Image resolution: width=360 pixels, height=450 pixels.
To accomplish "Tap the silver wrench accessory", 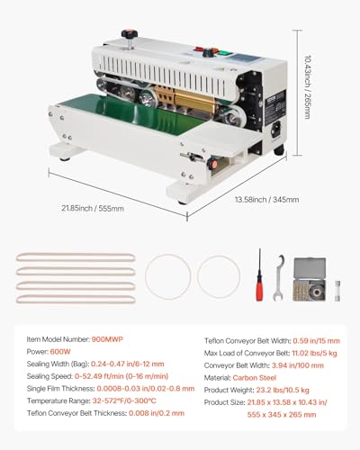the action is (279, 277).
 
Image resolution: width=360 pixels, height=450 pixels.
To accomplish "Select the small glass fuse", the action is (337, 291).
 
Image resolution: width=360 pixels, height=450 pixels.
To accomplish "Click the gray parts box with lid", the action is (310, 279).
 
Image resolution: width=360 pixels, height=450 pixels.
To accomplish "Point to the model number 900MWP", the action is (107, 339).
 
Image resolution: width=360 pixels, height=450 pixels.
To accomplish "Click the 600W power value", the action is (60, 352).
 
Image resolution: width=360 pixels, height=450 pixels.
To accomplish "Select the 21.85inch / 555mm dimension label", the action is (93, 208).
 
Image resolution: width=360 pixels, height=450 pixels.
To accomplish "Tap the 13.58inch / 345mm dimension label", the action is (266, 200).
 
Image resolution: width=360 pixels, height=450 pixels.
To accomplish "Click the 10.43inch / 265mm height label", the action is (307, 87).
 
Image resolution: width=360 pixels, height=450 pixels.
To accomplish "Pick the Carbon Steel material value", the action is (255, 378).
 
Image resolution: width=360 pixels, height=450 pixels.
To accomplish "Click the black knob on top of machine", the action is (130, 33).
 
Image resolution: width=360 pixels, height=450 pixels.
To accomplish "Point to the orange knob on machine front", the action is (212, 164).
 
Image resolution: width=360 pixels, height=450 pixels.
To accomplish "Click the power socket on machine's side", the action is (276, 129).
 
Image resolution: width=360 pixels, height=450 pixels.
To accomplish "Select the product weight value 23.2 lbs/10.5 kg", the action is (283, 390).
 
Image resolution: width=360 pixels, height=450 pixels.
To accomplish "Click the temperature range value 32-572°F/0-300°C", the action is (124, 400).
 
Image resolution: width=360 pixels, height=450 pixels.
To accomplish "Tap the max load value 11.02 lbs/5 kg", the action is (314, 353).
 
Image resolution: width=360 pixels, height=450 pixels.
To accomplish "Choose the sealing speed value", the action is (121, 376).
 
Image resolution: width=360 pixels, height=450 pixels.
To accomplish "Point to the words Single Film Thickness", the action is (60, 389).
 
